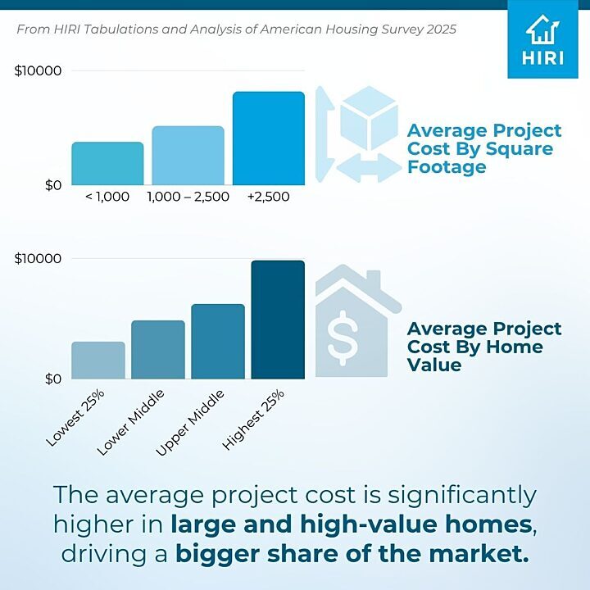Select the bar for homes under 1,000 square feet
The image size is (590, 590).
[107, 164]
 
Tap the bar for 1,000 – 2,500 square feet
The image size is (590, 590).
[188, 156]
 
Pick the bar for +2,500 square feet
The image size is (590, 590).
[268, 138]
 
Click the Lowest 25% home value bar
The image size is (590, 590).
[98, 361]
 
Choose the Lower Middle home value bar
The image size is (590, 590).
[158, 350]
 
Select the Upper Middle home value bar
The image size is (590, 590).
[218, 342]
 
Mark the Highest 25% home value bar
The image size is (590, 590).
[278, 320]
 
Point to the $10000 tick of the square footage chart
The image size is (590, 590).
[39, 71]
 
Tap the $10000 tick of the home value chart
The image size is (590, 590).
[39, 259]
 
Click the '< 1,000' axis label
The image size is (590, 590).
[107, 197]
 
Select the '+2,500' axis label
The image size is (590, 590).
[268, 197]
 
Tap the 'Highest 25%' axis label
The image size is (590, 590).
[255, 419]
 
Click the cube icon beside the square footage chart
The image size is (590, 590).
[368, 121]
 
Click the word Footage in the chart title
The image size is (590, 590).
[447, 167]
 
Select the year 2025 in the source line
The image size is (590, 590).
[438, 29]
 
